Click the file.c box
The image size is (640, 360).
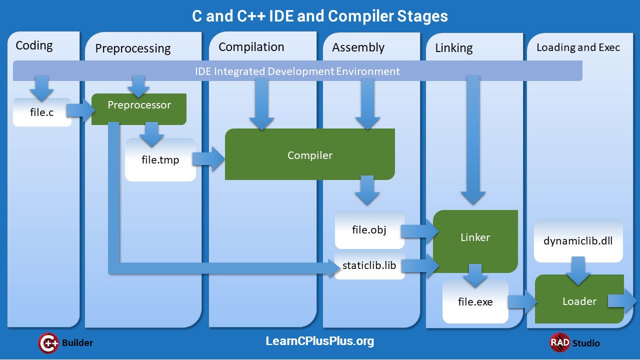point(42,112)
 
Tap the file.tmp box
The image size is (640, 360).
point(160,160)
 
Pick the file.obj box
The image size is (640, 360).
point(369,230)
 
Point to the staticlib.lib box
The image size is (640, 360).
point(369,265)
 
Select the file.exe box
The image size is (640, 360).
point(475,302)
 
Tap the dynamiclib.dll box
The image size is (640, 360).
point(578,241)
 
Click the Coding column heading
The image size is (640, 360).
point(34,45)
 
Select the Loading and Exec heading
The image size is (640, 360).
point(578,47)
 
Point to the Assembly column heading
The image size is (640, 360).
point(358,47)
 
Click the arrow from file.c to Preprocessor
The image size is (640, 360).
point(79,112)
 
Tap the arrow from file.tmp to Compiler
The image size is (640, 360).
point(208,159)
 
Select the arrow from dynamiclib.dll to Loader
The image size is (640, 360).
point(578,270)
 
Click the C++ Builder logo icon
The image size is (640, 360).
point(48,343)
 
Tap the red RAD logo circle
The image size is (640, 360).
point(559,342)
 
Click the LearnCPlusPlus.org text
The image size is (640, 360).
point(319,341)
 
